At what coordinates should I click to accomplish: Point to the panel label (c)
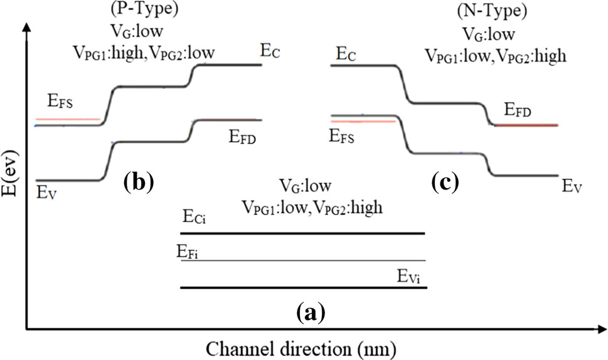(446, 183)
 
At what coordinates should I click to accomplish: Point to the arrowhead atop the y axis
(26, 28)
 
